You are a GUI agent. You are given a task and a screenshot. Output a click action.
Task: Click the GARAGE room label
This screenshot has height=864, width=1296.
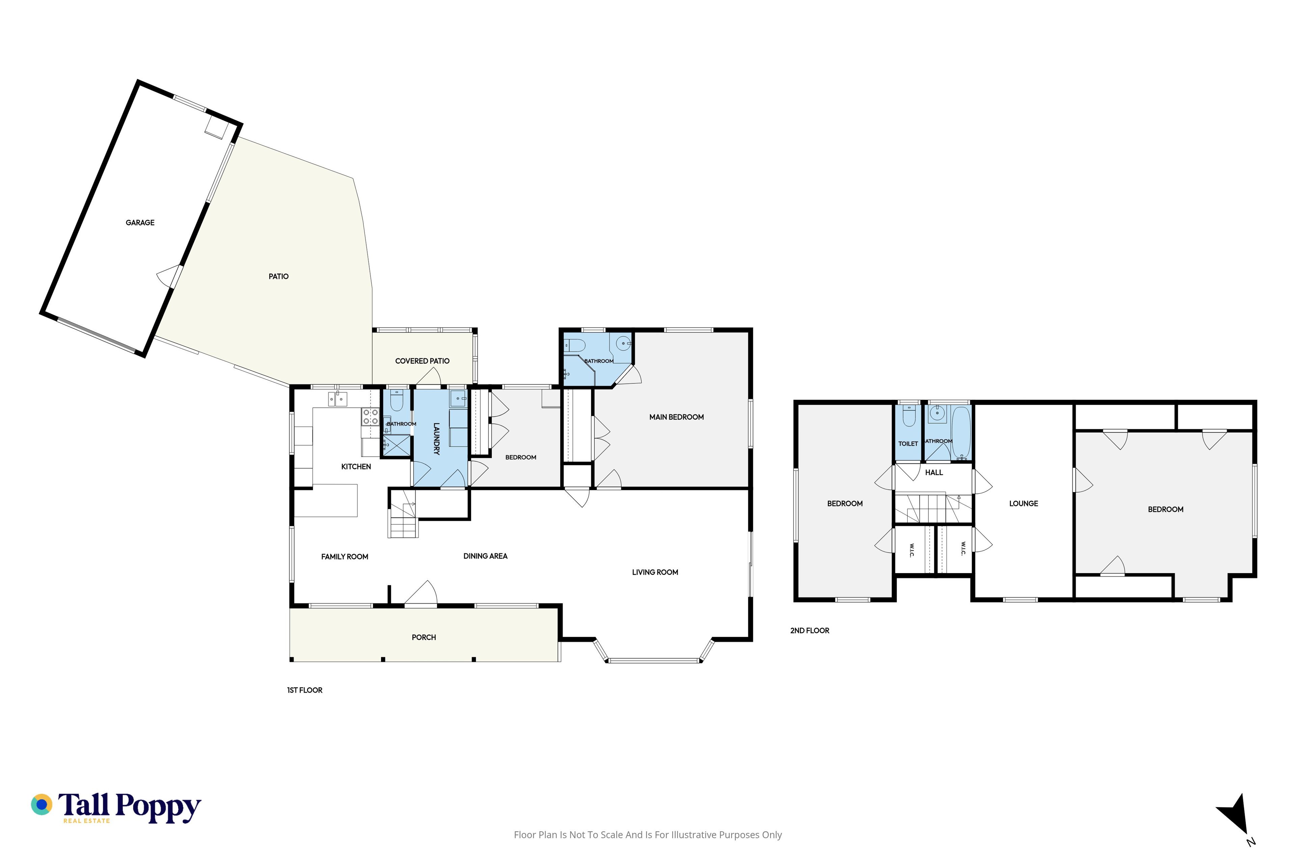point(140,223)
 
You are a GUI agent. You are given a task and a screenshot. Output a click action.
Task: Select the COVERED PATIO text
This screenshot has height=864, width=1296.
point(422,361)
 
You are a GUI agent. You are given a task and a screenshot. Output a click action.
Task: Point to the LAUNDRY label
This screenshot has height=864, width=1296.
point(436,439)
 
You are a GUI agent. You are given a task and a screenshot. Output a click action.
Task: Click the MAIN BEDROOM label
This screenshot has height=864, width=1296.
point(676,417)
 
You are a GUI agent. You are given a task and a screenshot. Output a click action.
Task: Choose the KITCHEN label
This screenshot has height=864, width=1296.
point(356,467)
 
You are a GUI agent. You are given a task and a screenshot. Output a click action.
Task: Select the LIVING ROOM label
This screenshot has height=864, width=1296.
point(655,572)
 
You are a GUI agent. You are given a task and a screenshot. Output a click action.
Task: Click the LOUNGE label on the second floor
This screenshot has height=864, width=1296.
point(1023,504)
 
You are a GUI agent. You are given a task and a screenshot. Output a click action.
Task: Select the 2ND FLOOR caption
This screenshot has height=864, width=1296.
point(809,630)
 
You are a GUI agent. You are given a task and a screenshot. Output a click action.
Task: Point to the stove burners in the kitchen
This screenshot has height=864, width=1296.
point(370,416)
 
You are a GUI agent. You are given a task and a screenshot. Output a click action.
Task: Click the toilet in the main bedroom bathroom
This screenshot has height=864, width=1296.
point(575,346)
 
